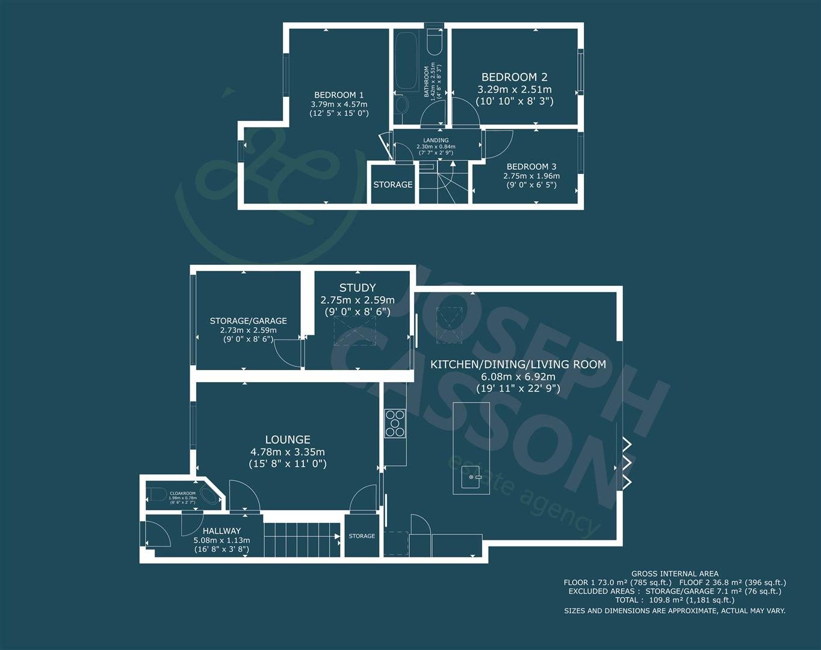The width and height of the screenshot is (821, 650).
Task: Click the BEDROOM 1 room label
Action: [x=339, y=95]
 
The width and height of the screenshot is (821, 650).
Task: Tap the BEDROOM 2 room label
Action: [x=514, y=77]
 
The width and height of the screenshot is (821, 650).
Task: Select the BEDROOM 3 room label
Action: [x=531, y=167]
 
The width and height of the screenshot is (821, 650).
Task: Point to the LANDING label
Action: [x=436, y=140]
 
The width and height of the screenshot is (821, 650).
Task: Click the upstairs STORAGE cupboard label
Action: [x=392, y=185]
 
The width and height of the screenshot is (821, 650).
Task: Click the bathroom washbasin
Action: [x=401, y=107]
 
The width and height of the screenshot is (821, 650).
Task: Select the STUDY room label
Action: [x=358, y=288]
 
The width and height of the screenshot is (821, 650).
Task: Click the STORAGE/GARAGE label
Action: [x=248, y=321]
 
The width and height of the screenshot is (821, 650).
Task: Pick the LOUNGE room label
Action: [x=288, y=440]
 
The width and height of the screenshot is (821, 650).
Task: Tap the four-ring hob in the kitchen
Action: [x=395, y=422]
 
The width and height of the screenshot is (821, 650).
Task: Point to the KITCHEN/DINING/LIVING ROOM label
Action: [x=518, y=364]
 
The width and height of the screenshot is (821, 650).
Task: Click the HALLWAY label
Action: [x=222, y=531]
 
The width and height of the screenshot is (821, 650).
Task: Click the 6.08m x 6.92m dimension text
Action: [x=518, y=377]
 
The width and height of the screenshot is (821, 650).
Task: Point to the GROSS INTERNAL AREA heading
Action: [x=674, y=574]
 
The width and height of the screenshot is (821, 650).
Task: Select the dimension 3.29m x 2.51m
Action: [x=514, y=89]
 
